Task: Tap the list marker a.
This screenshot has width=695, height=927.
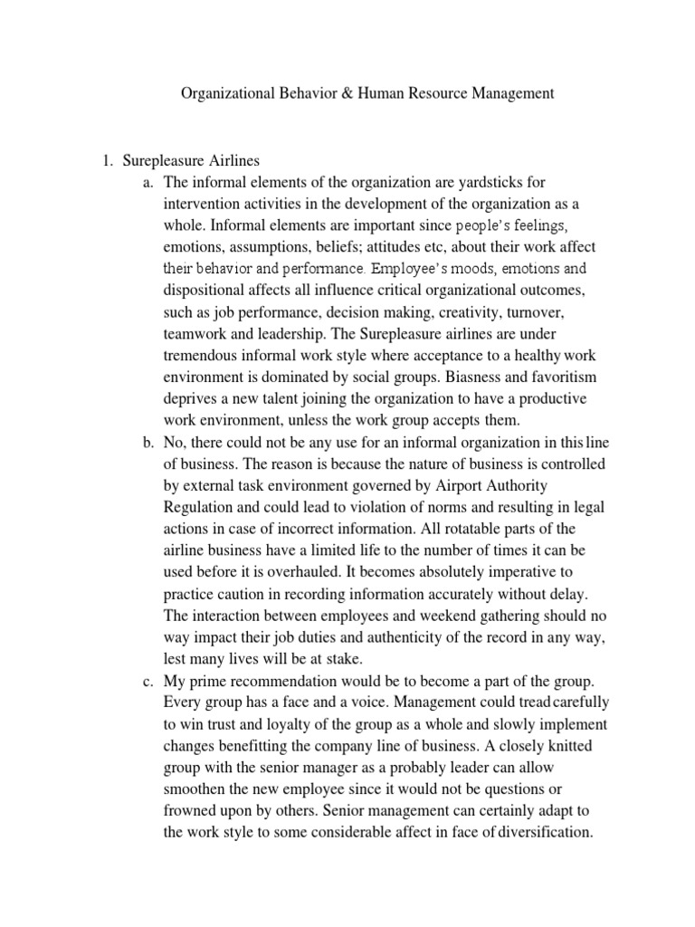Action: [149, 183]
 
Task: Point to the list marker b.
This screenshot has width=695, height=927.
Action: [149, 443]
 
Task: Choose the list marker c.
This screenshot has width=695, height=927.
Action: [149, 681]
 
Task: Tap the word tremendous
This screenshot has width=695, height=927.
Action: [203, 356]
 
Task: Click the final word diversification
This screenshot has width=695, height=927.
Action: [540, 833]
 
